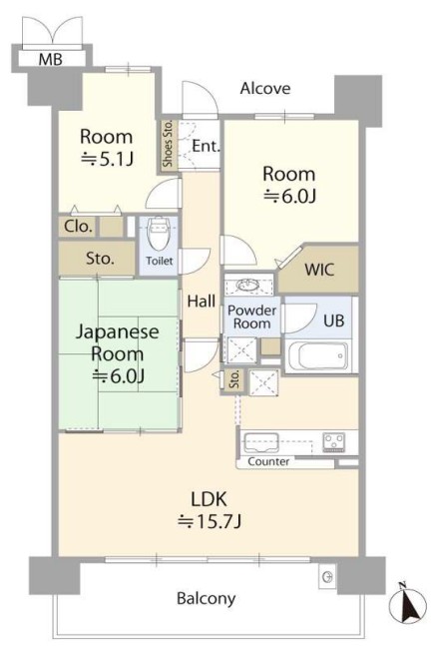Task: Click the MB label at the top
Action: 51,59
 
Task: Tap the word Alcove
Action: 265,88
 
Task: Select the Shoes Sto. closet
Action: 169,144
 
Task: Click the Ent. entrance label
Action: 206,146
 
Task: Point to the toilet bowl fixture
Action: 159,233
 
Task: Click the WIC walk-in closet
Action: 319,270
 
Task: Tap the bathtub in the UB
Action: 318,356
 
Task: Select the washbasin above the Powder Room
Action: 248,285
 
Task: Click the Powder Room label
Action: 252,317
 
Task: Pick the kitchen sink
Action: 261,443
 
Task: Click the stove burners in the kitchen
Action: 334,442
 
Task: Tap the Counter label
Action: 268,461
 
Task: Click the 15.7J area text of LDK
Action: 210,522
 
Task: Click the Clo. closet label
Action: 78,227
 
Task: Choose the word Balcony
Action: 207,598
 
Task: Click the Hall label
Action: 202,302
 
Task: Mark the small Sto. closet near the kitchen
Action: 234,379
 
